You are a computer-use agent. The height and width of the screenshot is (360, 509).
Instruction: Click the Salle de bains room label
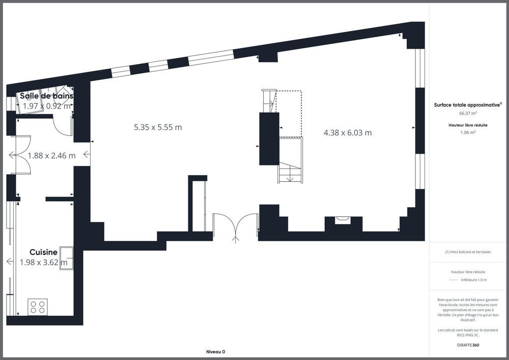(x=46, y=96)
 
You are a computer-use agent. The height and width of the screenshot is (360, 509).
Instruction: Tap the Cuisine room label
(x=43, y=252)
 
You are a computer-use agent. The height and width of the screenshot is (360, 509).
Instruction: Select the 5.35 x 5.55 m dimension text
(x=158, y=127)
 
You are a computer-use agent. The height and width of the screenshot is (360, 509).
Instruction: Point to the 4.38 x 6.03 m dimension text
(x=348, y=133)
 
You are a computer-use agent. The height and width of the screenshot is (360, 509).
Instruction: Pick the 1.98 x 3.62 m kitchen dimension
(x=43, y=263)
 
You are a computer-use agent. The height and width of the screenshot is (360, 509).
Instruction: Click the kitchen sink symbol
(x=66, y=258)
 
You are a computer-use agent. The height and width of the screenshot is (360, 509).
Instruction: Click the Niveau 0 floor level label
(x=215, y=352)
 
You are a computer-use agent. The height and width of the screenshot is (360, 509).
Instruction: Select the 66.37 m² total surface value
(x=468, y=114)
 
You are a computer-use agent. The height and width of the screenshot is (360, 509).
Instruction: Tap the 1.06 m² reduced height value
(x=468, y=132)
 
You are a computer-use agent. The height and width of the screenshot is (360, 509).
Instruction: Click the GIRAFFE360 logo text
(x=468, y=345)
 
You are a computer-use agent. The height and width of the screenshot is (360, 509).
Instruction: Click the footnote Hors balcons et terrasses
(x=468, y=252)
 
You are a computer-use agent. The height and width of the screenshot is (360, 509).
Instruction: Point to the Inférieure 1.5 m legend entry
(x=473, y=280)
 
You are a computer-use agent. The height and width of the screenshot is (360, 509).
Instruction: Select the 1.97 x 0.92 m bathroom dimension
(x=46, y=106)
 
